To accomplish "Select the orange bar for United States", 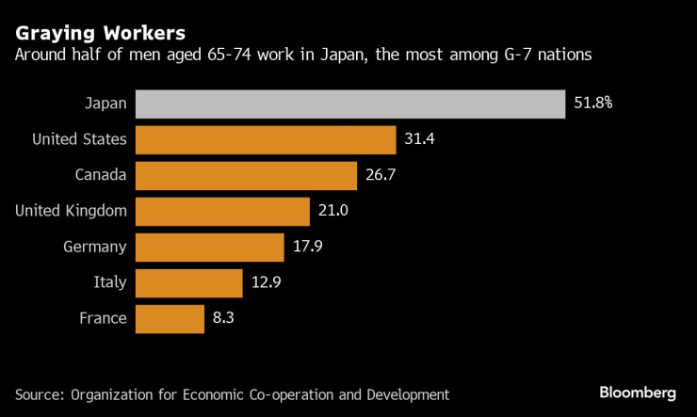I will [x=266, y=139].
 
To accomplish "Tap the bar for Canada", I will [x=247, y=175].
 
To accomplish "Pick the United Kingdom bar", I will [x=222, y=211].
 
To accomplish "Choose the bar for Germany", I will [x=210, y=247].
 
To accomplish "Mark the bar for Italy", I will [x=189, y=282].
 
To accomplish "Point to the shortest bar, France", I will [x=170, y=318].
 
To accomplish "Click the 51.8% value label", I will [x=593, y=104].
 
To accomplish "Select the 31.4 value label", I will [x=419, y=139].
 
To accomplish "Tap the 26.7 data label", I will [x=381, y=175].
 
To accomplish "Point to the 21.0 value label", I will [x=333, y=211].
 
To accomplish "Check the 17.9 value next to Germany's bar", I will [x=307, y=247].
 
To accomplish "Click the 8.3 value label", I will [x=223, y=318].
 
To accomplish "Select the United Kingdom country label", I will [x=71, y=211].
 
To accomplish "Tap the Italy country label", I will [x=109, y=282].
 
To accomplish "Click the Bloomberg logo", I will [x=639, y=391].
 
